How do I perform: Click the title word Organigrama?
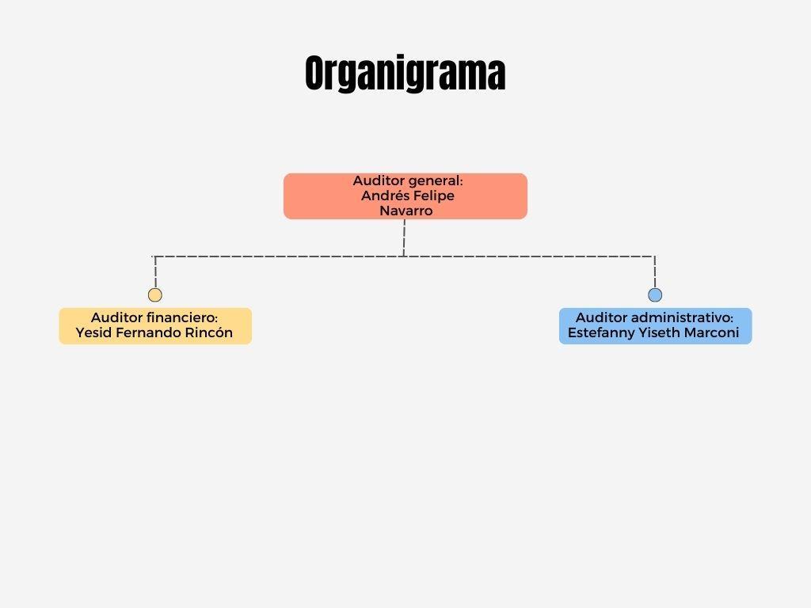point(405,74)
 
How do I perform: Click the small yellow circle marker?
point(155,295)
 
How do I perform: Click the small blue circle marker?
point(655,295)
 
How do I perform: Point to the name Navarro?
point(405,211)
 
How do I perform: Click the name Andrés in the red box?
point(383,196)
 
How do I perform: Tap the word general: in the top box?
point(435,181)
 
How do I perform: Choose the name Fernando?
point(147,332)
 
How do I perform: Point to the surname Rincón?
point(208,332)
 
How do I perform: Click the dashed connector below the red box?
point(404,237)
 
